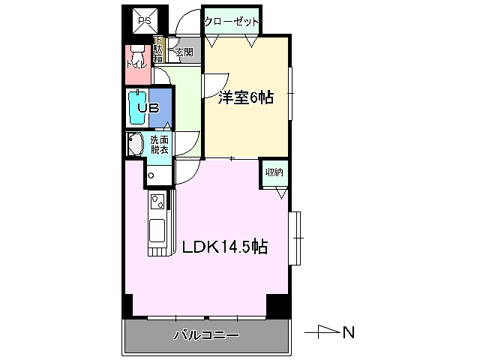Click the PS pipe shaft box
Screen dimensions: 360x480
[x=144, y=22]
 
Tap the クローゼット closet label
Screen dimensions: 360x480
[x=231, y=22]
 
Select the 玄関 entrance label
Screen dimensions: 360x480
[x=184, y=52]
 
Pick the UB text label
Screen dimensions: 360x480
[x=148, y=108]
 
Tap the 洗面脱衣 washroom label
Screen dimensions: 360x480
[x=160, y=145]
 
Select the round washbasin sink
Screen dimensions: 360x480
[x=135, y=145]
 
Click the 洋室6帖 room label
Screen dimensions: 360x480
[x=246, y=97]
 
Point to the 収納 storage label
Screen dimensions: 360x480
[x=274, y=172]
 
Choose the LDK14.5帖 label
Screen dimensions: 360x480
[x=221, y=247]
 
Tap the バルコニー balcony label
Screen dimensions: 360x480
[x=206, y=335]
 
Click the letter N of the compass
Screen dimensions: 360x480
[x=348, y=331]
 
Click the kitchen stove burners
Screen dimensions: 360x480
[x=158, y=201]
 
